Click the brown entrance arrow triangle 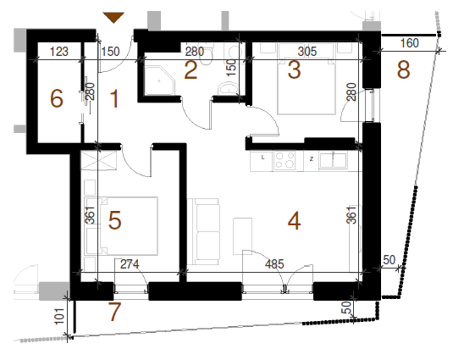tap(113, 17)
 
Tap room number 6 tap(57, 98)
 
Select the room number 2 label tap(191, 70)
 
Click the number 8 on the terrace tap(403, 69)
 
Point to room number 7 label tap(114, 312)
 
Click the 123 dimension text tap(59, 52)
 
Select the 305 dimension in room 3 tap(307, 52)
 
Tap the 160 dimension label tap(409, 43)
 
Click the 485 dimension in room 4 tap(274, 264)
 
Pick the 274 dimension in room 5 tap(130, 264)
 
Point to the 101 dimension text tap(59, 316)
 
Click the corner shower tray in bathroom tap(160, 80)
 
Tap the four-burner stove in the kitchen tap(285, 160)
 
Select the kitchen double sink tap(333, 160)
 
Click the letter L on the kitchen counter tap(262, 158)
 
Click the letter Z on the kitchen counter tap(311, 159)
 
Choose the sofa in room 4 tap(203, 231)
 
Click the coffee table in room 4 tap(243, 236)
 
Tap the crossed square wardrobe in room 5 tap(99, 160)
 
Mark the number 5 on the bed tap(114, 220)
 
